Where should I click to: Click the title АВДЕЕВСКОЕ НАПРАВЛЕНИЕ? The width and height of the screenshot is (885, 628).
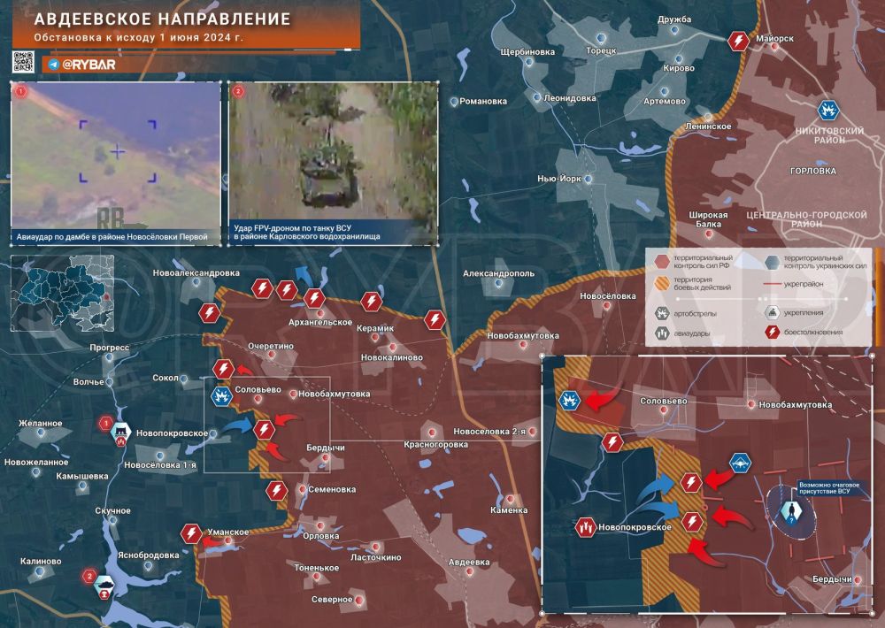(162, 19)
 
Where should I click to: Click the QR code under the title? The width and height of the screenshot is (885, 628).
(24, 62)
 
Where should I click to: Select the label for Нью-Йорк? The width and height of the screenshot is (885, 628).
(558, 179)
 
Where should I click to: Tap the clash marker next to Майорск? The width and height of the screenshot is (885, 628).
(738, 41)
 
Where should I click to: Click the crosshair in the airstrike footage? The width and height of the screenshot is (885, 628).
(118, 152)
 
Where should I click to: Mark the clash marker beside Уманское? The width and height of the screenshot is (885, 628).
(191, 532)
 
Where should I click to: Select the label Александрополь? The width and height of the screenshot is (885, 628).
(498, 274)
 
